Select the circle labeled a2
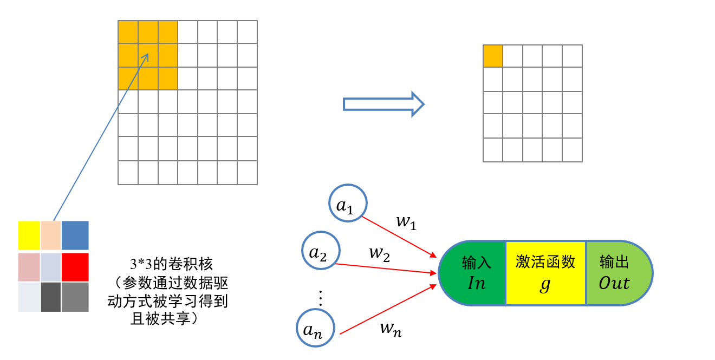coord(321,251)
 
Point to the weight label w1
coord(406,222)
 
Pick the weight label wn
coord(391,328)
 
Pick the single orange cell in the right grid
coord(493,56)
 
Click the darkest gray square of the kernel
coord(50,297)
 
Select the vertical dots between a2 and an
coord(320,298)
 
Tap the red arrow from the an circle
coord(387,309)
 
